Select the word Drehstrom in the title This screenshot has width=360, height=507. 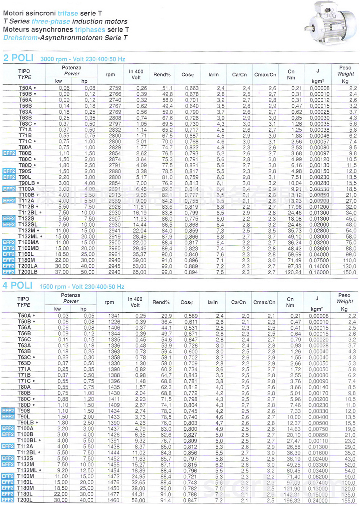coord(20,38)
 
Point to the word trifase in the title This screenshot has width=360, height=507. coord(68,13)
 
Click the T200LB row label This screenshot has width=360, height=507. coord(28,272)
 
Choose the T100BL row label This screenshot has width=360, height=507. coord(27,440)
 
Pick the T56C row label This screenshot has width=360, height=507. coord(24,339)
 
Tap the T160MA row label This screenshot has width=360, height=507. coord(28,243)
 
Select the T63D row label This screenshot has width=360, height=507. coord(24,363)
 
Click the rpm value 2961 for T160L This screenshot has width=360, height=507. coord(114,254)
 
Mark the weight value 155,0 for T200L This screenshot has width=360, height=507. coord(348,500)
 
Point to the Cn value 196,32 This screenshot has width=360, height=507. coord(293,500)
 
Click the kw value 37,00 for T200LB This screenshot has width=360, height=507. coord(62,272)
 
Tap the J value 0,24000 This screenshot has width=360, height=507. coord(318,500)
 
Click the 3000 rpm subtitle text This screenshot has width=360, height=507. coord(83,59)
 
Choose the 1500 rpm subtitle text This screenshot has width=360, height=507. coord(82,287)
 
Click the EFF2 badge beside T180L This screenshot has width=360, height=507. coord(8,494)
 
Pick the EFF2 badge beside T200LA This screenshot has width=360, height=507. coord(9,266)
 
